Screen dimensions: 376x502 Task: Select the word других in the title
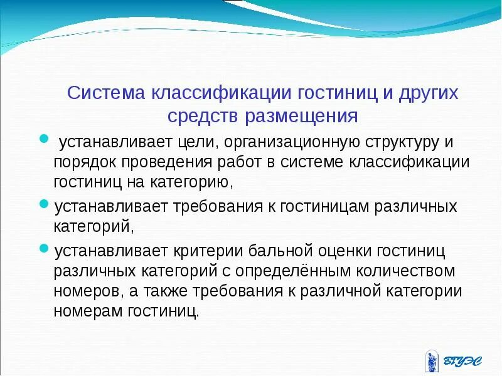[x=427, y=93]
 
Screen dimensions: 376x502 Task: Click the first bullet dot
[x=43, y=138]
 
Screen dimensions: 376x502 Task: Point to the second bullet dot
[x=43, y=204]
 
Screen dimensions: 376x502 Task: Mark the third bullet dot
[x=43, y=249]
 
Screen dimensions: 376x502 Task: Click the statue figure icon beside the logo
[x=431, y=359]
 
